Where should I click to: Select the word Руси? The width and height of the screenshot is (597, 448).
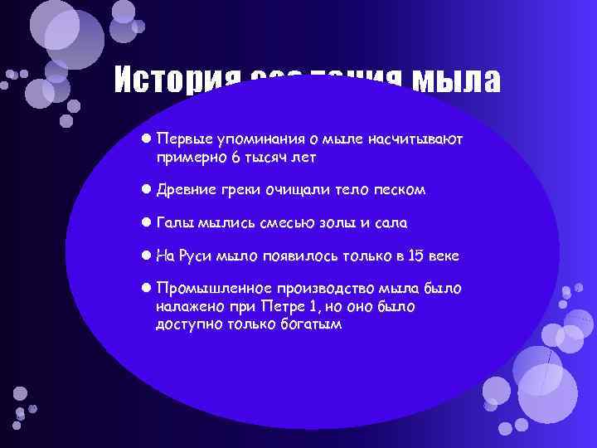click(194, 257)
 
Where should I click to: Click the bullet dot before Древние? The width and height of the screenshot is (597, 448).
click(145, 190)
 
